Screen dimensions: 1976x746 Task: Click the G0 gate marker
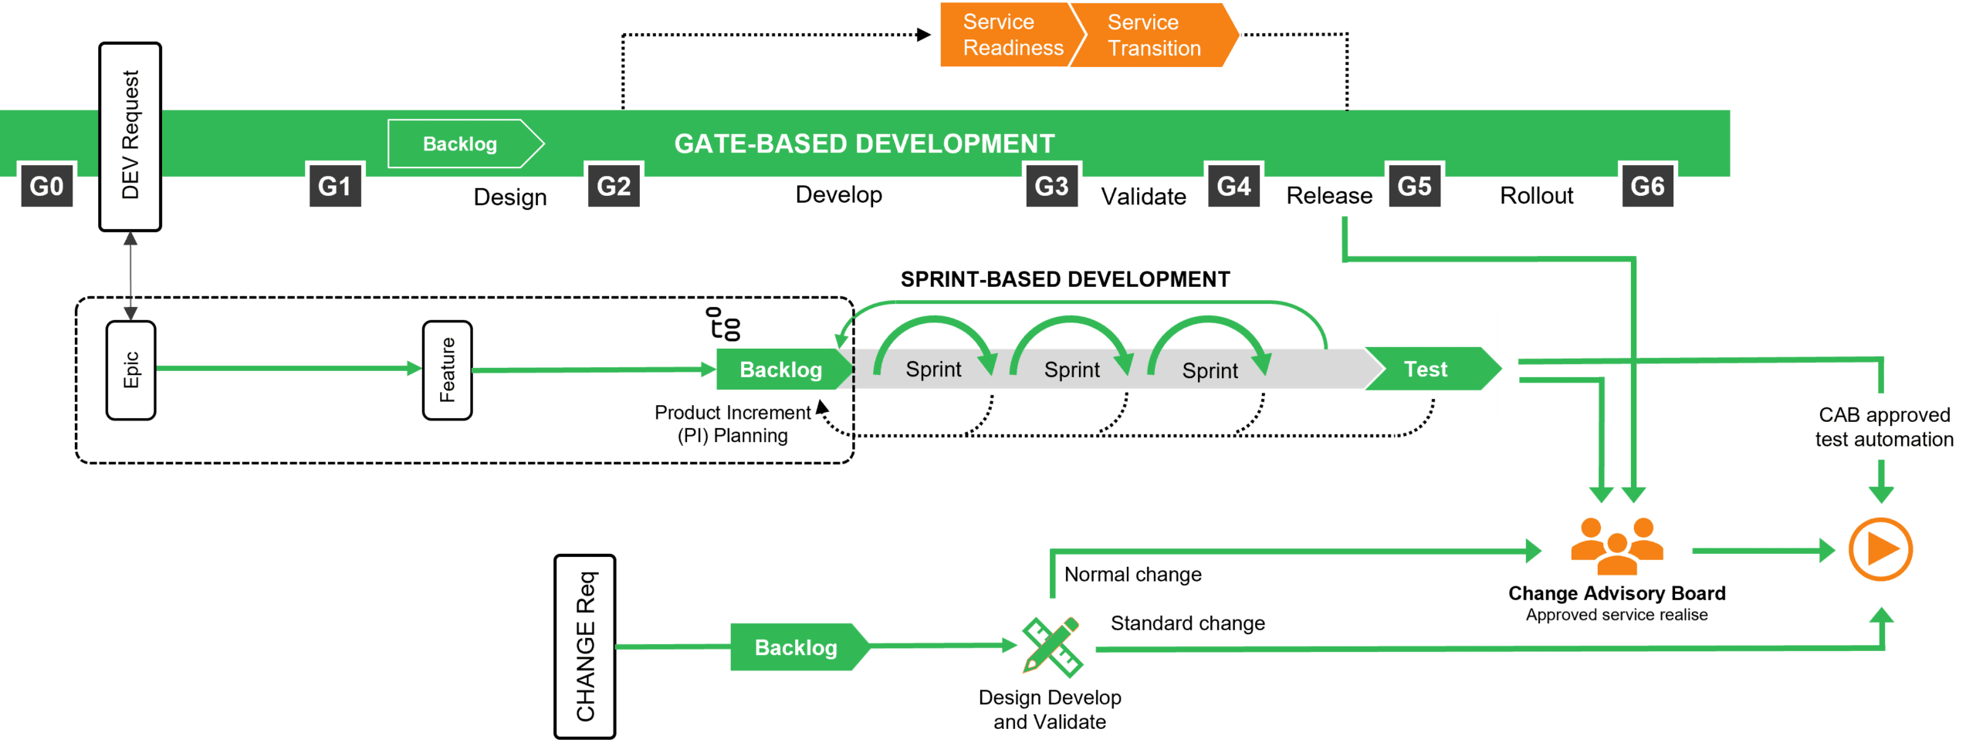pyautogui.click(x=46, y=186)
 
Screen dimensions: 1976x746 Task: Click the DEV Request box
pyautogui.click(x=130, y=137)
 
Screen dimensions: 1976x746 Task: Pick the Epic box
pyautogui.click(x=130, y=370)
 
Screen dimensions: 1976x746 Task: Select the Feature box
pyautogui.click(x=446, y=370)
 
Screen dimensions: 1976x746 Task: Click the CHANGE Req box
pyautogui.click(x=584, y=646)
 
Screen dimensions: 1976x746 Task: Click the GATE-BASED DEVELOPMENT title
pyautogui.click(x=863, y=143)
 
